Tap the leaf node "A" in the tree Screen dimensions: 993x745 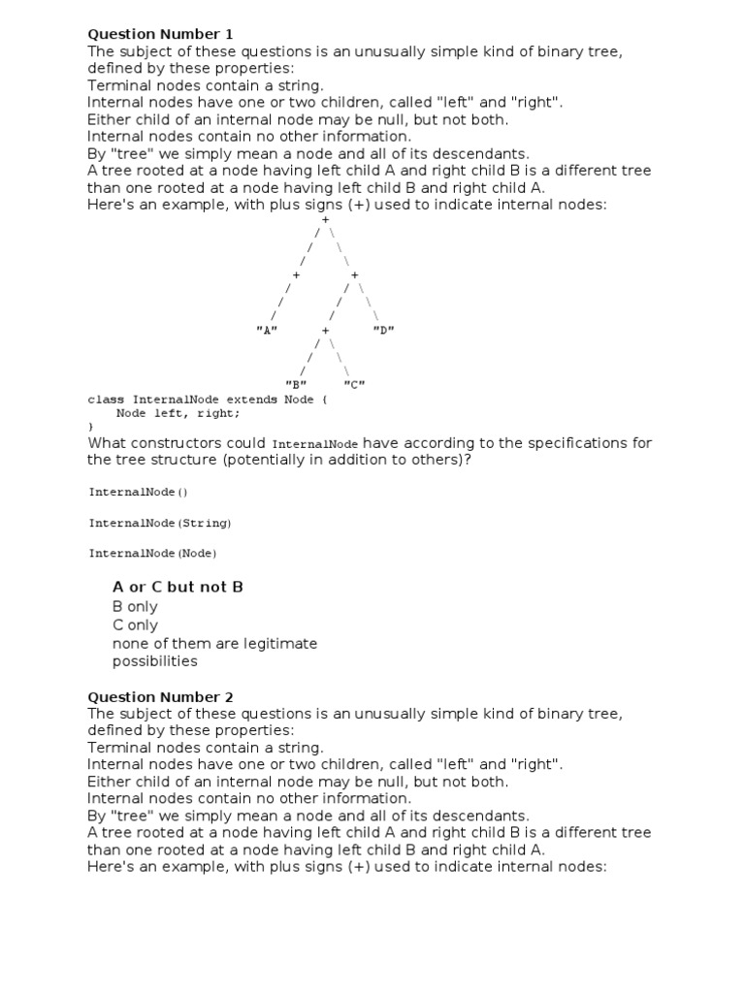267,331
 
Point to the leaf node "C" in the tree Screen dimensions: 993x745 354,385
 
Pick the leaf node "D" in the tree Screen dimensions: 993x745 383,331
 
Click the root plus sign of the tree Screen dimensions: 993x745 325,220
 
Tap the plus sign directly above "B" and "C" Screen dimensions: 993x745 325,331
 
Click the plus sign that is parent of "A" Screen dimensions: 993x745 296,275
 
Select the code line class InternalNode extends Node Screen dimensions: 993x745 208,400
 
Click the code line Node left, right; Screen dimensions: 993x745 178,413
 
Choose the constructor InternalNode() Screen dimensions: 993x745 139,492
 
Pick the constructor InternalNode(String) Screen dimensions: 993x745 160,523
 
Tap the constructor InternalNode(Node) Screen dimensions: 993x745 153,554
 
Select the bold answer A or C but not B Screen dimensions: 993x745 178,588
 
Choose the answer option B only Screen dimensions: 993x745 135,607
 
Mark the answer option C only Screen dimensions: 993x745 135,625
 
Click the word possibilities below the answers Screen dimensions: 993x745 154,661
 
